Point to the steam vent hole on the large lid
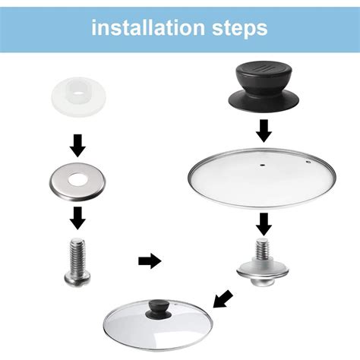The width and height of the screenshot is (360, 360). pyautogui.click(x=307, y=162)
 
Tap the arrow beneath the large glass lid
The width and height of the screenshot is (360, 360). pyautogui.click(x=263, y=224)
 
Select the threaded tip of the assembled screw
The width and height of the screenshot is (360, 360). pyautogui.click(x=263, y=248)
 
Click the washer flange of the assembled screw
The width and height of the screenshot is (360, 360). pyautogui.click(x=263, y=269)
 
